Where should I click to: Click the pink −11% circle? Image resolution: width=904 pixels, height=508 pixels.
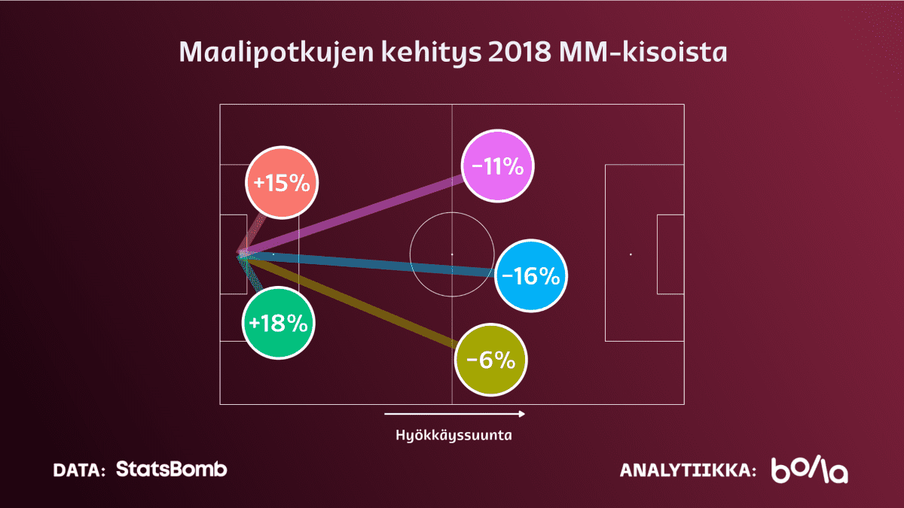tap(498, 166)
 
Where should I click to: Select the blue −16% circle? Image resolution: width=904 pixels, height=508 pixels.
tap(531, 275)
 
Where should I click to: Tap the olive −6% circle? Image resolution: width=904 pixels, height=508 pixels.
tap(490, 360)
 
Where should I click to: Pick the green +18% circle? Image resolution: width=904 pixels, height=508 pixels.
tap(279, 323)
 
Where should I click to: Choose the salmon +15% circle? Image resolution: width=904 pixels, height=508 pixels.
tap(282, 183)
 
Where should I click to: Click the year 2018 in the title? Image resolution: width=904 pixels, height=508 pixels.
tap(519, 52)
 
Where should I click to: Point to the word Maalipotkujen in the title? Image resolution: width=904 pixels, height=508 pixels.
tap(276, 53)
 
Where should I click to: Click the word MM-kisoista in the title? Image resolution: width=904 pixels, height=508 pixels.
tap(643, 52)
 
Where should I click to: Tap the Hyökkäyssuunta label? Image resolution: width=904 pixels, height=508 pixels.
tap(454, 436)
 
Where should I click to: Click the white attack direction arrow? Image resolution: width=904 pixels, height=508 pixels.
tap(454, 414)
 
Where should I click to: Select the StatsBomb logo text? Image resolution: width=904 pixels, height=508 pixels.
tap(172, 469)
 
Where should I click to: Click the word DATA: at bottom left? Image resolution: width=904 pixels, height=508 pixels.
tap(79, 470)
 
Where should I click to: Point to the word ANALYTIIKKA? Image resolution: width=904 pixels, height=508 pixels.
tap(688, 470)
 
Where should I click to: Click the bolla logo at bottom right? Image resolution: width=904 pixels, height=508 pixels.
tap(810, 470)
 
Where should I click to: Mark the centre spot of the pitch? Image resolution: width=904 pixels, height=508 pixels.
tap(452, 254)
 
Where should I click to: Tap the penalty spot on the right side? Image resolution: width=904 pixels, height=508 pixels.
tap(631, 254)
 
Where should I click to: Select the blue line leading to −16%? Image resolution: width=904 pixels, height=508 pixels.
tap(368, 263)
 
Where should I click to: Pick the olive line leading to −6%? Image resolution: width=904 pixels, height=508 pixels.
tap(350, 301)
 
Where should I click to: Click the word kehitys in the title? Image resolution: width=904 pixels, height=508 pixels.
tap(431, 53)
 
